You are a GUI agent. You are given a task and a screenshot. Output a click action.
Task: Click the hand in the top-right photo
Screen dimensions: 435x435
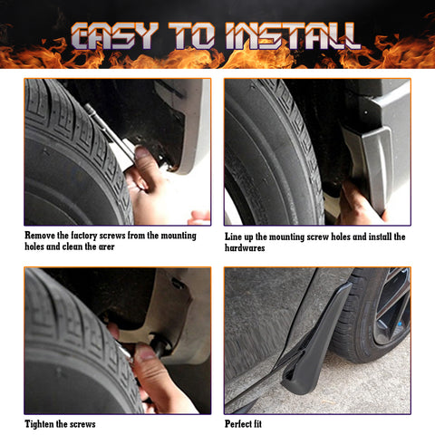tap(358, 204)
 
